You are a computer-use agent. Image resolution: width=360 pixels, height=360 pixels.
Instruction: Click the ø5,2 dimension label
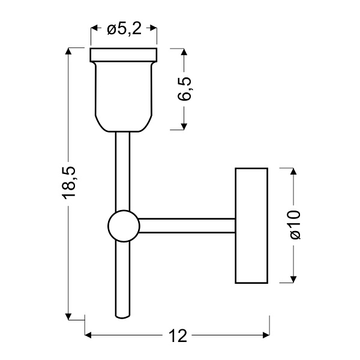(x=124, y=29)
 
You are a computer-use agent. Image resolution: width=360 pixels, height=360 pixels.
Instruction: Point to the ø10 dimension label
(x=294, y=225)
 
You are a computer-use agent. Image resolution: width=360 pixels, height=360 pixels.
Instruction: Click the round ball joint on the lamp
(x=123, y=226)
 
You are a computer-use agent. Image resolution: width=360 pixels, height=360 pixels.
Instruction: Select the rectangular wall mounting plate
(x=251, y=225)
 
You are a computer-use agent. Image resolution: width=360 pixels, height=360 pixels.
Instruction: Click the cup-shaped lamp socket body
(x=123, y=96)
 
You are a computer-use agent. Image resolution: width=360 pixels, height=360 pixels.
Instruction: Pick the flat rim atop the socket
(x=123, y=55)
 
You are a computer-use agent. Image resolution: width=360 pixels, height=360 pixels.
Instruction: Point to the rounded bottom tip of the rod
(x=122, y=314)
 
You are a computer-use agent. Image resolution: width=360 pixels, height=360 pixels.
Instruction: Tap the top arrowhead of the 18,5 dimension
(x=70, y=52)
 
